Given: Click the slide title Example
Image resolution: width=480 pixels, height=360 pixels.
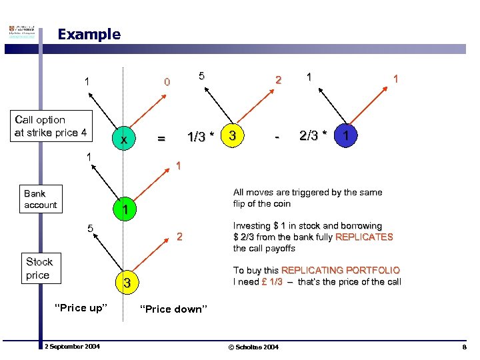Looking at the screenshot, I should point(89,34).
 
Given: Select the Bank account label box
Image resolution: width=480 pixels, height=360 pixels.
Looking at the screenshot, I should point(40,199).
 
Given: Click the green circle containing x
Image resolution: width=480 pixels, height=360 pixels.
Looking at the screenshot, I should point(123,139).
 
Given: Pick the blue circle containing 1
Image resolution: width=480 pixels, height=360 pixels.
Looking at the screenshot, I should point(345,136).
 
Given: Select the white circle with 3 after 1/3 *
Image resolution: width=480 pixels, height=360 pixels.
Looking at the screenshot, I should point(231,136).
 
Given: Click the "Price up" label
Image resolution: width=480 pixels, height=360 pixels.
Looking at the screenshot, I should point(81,307).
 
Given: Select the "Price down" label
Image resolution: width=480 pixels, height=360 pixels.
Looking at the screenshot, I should point(174,309).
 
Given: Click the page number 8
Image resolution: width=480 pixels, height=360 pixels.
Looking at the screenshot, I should point(464,347).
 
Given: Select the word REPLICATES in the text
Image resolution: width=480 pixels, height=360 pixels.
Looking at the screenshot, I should point(364,237).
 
